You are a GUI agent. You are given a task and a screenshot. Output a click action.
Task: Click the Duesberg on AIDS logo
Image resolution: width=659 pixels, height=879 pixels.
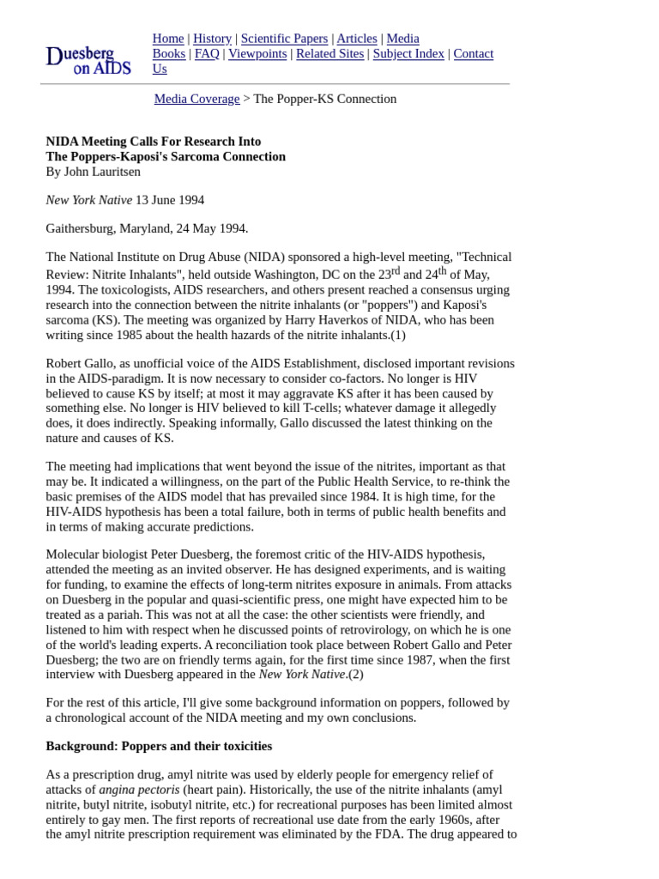tap(88, 60)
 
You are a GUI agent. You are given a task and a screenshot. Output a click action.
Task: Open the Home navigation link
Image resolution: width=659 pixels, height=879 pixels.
tap(168, 39)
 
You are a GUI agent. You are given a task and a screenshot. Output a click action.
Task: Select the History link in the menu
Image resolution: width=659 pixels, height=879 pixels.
tap(212, 39)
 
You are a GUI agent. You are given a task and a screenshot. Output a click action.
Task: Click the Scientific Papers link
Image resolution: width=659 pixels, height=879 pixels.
tap(284, 39)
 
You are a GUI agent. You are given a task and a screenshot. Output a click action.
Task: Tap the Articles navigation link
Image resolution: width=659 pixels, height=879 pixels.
tap(356, 39)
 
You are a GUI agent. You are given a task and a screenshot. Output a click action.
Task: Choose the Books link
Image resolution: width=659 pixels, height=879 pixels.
tap(169, 53)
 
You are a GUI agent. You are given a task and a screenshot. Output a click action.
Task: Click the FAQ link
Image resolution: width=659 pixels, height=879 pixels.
tap(207, 53)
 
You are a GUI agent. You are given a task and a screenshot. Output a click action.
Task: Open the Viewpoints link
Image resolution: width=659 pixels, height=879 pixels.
tap(257, 53)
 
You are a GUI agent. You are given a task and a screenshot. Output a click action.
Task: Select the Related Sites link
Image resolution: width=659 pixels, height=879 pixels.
tap(329, 53)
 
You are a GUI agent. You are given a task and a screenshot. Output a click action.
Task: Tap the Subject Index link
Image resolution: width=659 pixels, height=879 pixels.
tap(408, 53)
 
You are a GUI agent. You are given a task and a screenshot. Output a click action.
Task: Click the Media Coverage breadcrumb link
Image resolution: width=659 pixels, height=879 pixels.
tap(196, 99)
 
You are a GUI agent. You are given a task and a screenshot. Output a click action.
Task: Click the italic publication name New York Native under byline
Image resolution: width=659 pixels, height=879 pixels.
tap(88, 200)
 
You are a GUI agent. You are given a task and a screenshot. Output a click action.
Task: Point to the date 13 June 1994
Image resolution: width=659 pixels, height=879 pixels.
tap(170, 200)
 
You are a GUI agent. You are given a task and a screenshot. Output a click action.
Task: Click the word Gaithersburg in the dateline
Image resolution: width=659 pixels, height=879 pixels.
tap(81, 228)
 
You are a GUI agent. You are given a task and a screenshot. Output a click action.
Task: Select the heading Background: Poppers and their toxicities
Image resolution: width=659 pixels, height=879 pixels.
tap(159, 746)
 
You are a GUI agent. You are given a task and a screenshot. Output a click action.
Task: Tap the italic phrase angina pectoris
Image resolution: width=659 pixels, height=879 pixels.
tap(139, 790)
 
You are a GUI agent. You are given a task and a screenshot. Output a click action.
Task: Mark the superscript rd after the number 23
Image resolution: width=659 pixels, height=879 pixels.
tap(396, 271)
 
